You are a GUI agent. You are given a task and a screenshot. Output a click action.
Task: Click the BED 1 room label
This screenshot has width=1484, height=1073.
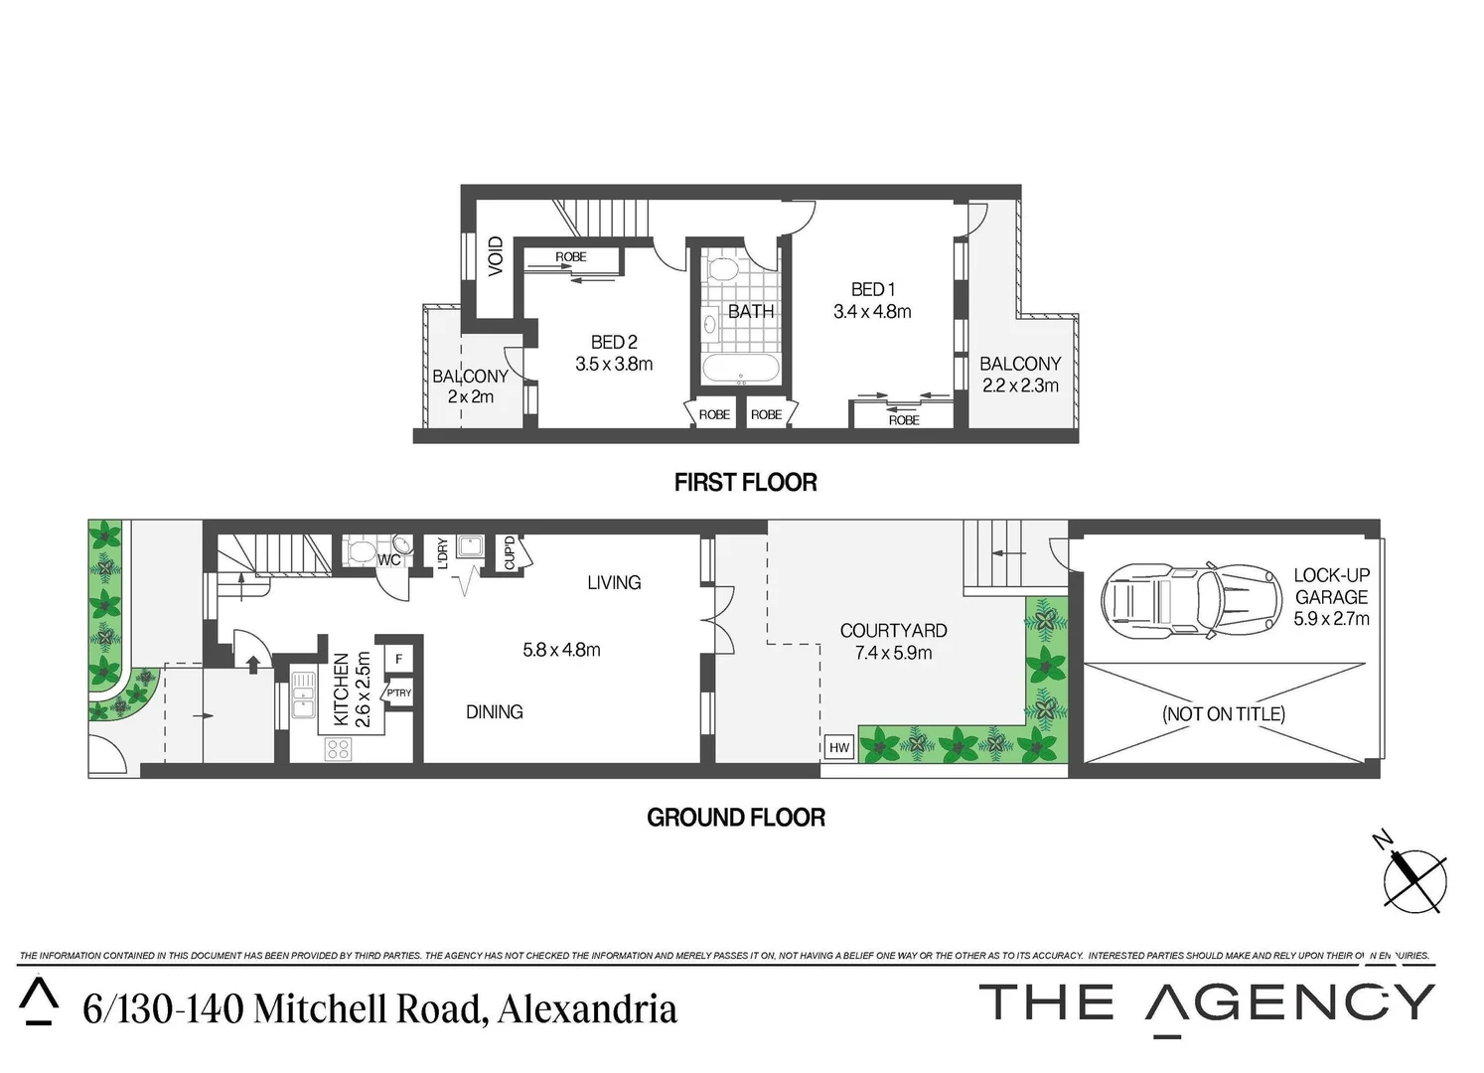coord(872,289)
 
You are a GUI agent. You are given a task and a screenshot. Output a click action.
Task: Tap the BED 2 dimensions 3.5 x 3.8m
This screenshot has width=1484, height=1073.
coord(614,364)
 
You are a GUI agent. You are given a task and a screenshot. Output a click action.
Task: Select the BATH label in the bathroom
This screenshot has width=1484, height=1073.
coord(750,311)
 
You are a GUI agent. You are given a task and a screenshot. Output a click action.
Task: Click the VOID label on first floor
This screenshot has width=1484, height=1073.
coord(496,255)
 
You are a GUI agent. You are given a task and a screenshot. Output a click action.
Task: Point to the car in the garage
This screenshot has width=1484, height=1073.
coord(1189,600)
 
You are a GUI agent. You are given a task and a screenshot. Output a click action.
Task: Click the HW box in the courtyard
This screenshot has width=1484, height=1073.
coord(839,747)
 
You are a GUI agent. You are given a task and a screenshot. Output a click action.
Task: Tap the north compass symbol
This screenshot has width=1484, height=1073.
coord(1413,880)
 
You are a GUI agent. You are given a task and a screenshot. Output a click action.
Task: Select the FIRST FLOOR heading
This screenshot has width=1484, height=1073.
coord(745,483)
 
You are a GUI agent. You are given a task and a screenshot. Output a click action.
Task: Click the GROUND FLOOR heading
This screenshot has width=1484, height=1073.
coord(736,818)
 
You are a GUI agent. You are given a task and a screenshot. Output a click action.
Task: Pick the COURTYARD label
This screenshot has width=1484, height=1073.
coord(893,630)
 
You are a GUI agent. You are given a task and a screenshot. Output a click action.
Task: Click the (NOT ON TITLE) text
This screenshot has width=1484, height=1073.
coord(1223,713)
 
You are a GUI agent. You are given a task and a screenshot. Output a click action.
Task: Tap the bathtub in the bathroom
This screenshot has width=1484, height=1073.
coord(741,371)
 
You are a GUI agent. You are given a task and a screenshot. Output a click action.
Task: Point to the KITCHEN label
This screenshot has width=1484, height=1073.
coord(342,689)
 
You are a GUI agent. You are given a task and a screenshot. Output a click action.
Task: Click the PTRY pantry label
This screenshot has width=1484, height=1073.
coord(398,693)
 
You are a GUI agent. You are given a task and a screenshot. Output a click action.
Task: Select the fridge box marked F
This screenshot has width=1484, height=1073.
coord(398,659)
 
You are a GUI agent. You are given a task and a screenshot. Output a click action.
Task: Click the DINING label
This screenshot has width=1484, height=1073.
coord(494,711)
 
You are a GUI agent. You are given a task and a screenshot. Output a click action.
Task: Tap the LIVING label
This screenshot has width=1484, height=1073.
coord(613,582)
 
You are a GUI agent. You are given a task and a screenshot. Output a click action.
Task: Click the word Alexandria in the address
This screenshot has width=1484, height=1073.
coord(586,1009)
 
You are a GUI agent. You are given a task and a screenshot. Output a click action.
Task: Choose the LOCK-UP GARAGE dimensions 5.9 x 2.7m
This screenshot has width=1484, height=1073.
coord(1331,618)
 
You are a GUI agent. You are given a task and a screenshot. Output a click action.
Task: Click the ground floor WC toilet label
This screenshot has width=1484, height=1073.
coord(388,560)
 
